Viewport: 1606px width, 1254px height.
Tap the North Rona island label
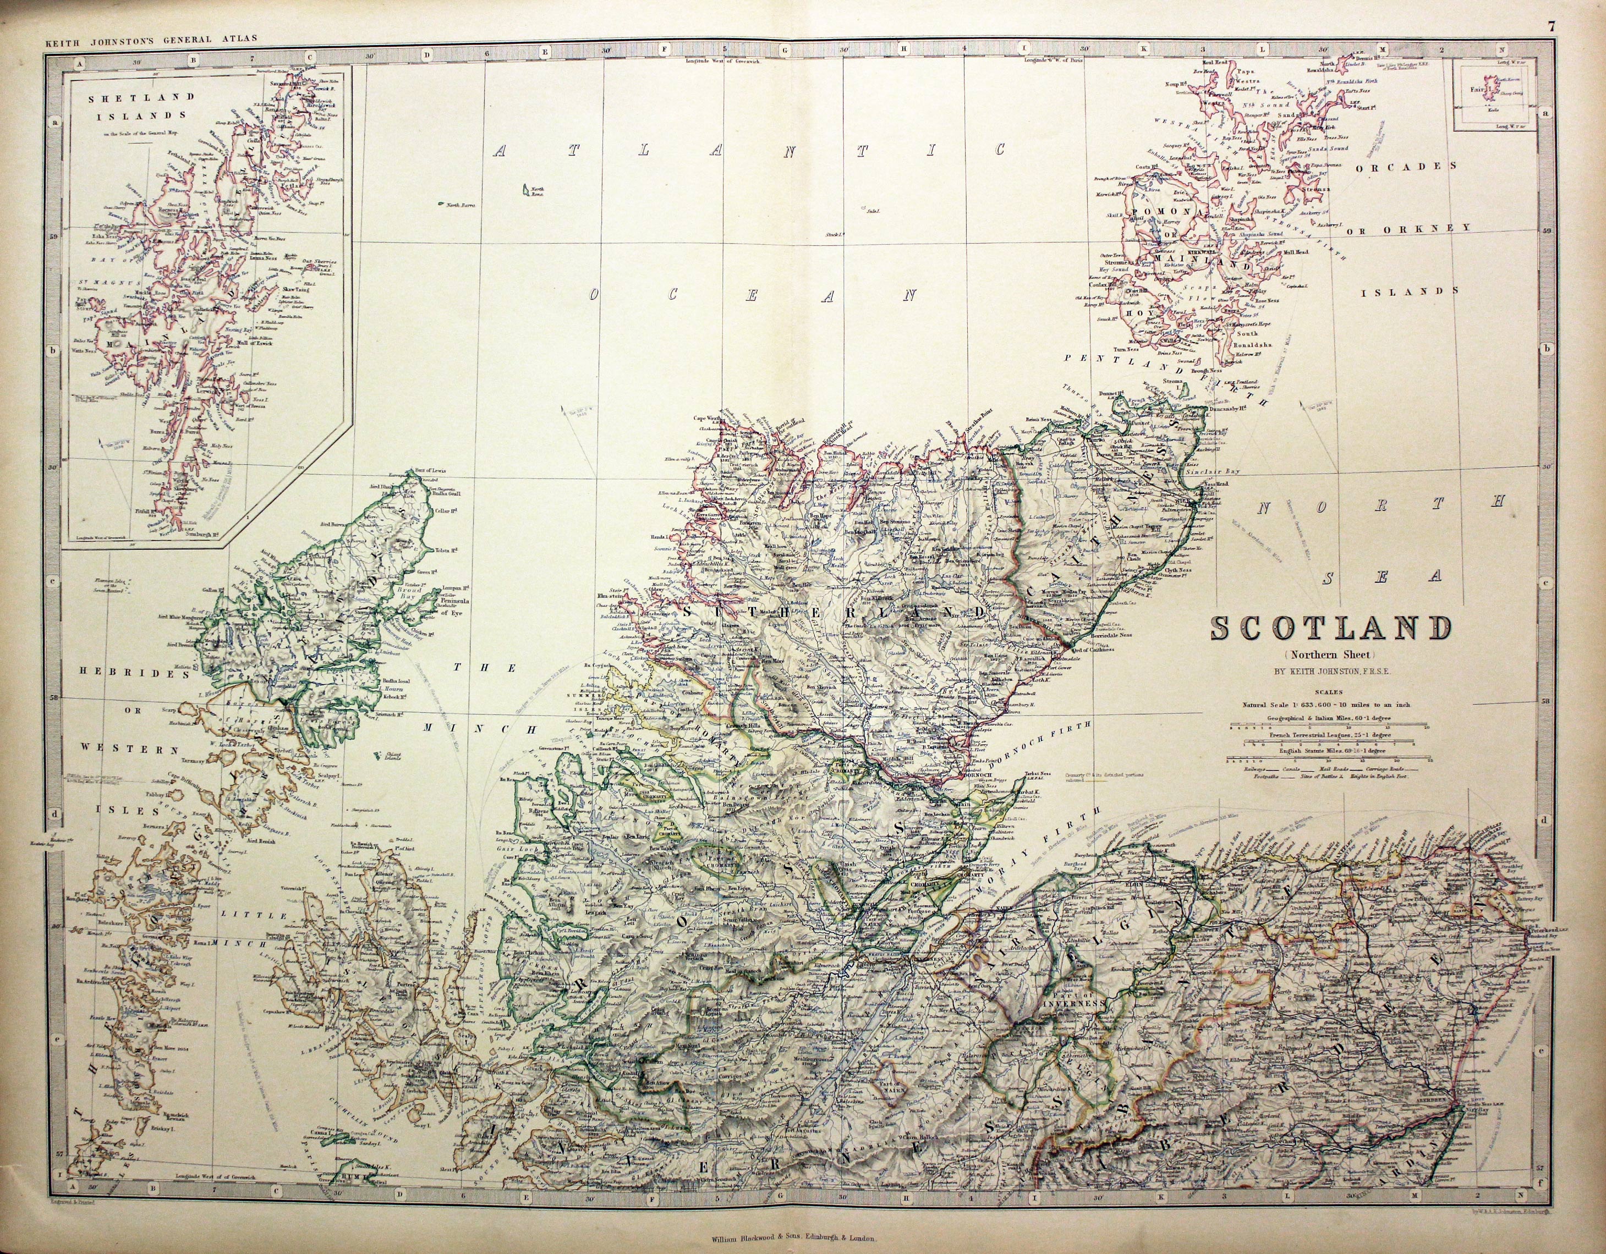(x=531, y=194)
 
